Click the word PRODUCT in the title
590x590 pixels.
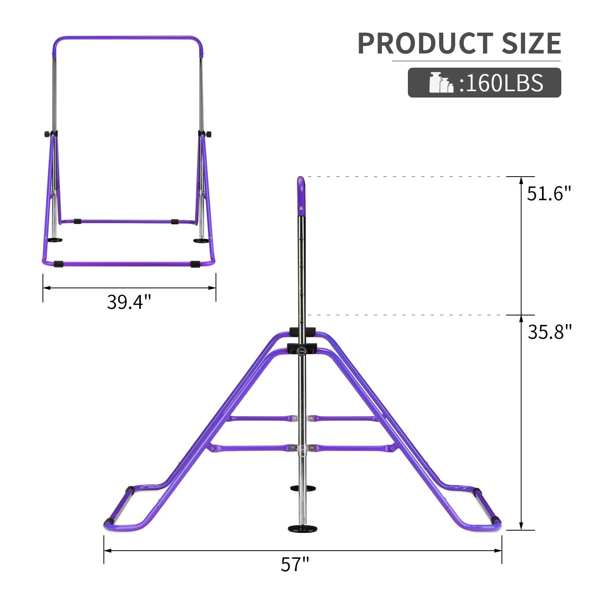click(x=425, y=43)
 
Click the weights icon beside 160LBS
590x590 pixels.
click(x=441, y=83)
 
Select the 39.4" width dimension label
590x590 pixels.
click(x=129, y=302)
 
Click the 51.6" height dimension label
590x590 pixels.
click(x=549, y=194)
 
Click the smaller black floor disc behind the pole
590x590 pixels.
click(x=301, y=488)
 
